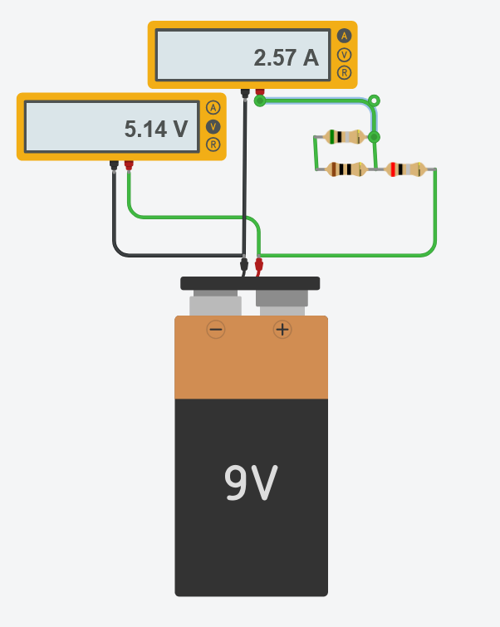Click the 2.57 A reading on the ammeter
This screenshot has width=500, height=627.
[x=286, y=58]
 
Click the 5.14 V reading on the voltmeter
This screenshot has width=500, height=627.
[x=155, y=129]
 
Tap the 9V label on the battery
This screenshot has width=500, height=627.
[x=251, y=483]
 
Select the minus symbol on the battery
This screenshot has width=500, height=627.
[x=216, y=330]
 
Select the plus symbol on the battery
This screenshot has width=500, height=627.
[x=282, y=330]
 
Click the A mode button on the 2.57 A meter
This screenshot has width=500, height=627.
[x=344, y=36]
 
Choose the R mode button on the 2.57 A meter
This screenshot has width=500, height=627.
[x=344, y=72]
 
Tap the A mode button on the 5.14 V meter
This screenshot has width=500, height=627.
[x=213, y=108]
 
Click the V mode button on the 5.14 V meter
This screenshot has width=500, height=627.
[x=213, y=126]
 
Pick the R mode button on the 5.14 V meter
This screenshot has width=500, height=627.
[x=213, y=145]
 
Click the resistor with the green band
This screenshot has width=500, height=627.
[x=345, y=137]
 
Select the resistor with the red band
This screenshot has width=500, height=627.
[x=406, y=169]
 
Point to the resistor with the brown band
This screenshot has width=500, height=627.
[x=346, y=169]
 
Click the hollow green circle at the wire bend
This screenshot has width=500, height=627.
[x=374, y=101]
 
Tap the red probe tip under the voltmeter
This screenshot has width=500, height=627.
[x=129, y=165]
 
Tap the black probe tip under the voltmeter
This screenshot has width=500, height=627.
[x=114, y=165]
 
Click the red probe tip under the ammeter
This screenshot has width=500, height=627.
[x=260, y=92]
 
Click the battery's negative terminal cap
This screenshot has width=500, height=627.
[x=215, y=304]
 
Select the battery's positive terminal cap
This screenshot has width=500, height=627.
[x=282, y=299]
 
